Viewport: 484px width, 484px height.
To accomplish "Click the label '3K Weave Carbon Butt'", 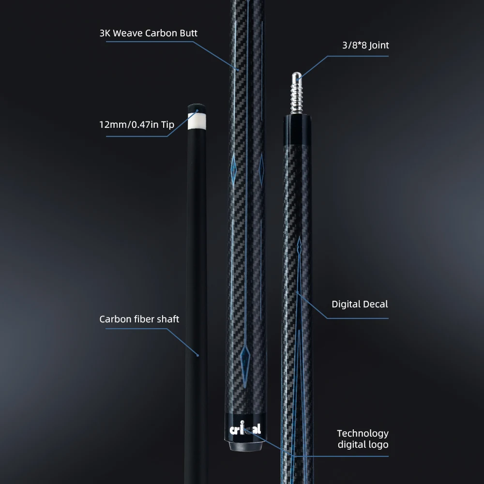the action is coord(148,33).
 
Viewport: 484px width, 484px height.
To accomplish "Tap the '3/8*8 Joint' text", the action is coord(364,45).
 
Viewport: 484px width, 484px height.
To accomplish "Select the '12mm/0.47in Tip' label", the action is coord(136,124).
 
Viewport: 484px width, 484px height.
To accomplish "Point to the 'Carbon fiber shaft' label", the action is coord(139,319).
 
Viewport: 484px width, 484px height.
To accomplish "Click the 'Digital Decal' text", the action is coord(360,304).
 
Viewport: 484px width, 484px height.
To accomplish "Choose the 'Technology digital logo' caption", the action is coord(363,439).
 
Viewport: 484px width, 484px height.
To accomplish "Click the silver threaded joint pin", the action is coord(296,94).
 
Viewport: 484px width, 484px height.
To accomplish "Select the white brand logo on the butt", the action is coord(245,429).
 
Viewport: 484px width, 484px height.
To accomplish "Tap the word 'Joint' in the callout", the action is coord(378,45).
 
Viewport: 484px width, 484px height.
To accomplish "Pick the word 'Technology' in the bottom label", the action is coord(363,433).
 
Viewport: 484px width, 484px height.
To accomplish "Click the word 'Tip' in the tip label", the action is coord(167,124).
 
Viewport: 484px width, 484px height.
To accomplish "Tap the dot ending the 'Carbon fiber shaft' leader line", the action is coord(197,355).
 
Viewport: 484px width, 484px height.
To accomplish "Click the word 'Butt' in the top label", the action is coord(188,33).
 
